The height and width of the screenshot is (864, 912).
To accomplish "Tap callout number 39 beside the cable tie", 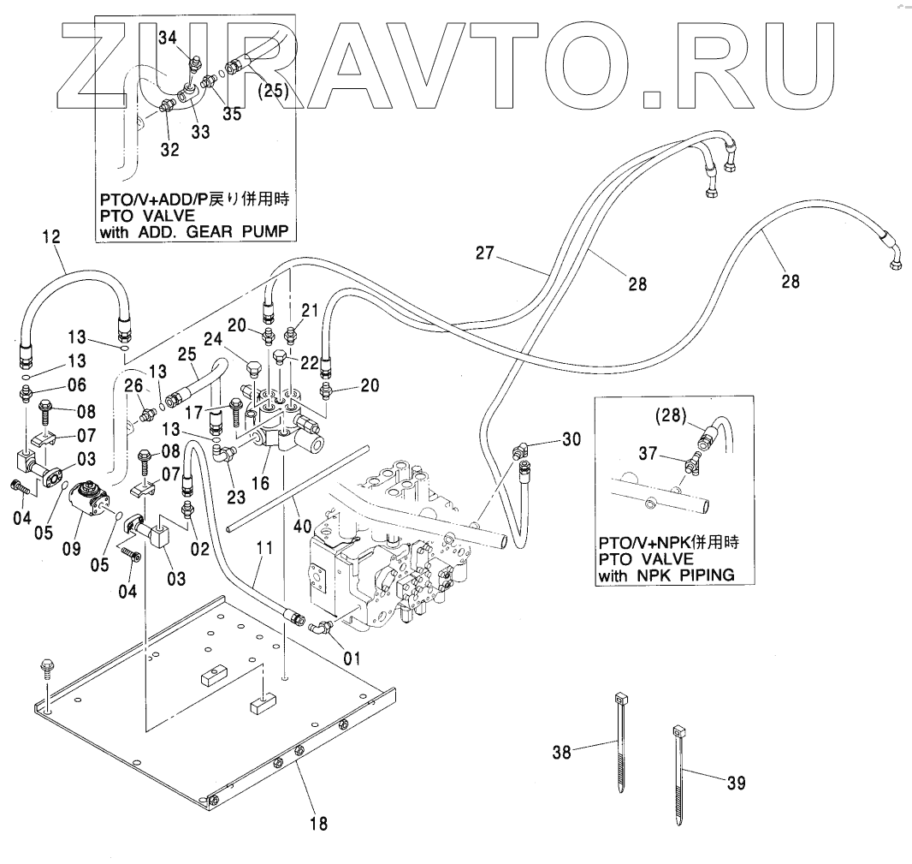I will click(x=736, y=782).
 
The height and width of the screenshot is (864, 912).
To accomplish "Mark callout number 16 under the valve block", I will click(x=260, y=484).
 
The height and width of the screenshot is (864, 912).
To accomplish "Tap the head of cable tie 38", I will click(x=617, y=700).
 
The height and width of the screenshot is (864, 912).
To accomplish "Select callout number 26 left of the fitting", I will click(x=133, y=386).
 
